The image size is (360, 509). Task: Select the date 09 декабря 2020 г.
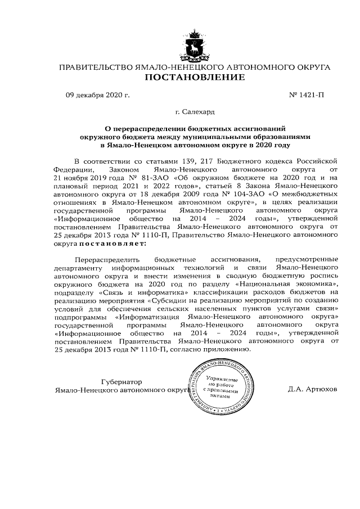(98, 94)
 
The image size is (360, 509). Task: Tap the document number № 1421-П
(306, 94)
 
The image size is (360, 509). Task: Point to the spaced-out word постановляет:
(112, 244)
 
